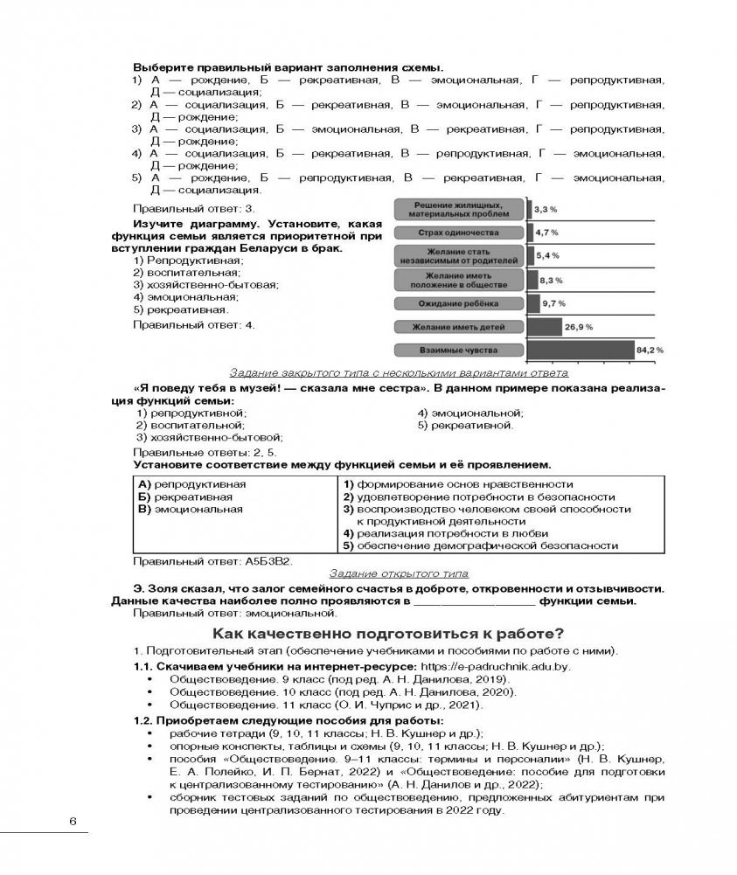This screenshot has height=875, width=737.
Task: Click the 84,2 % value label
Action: [x=650, y=350]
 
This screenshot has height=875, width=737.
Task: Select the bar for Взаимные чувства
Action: [x=581, y=350]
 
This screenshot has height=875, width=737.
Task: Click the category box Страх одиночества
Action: [x=458, y=233]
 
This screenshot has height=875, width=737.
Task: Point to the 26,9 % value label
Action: [x=579, y=326]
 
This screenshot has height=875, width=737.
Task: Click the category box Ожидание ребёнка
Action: [x=458, y=303]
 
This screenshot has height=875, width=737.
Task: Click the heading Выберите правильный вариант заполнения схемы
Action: [x=288, y=67]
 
